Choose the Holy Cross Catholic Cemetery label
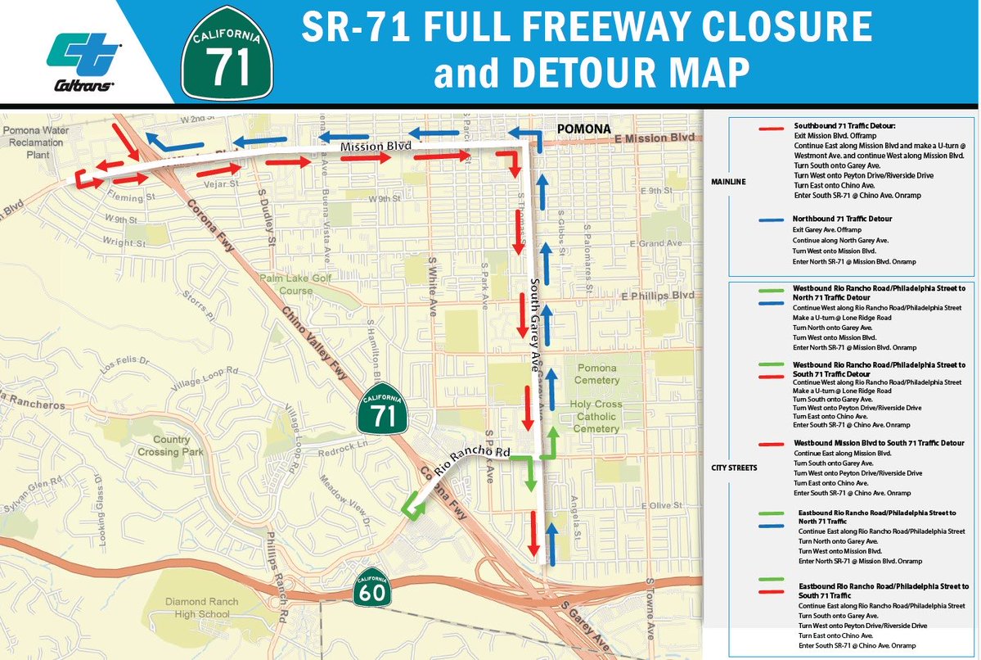pos(596,416)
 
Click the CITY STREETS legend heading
pos(735,468)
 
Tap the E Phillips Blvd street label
pos(657,295)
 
